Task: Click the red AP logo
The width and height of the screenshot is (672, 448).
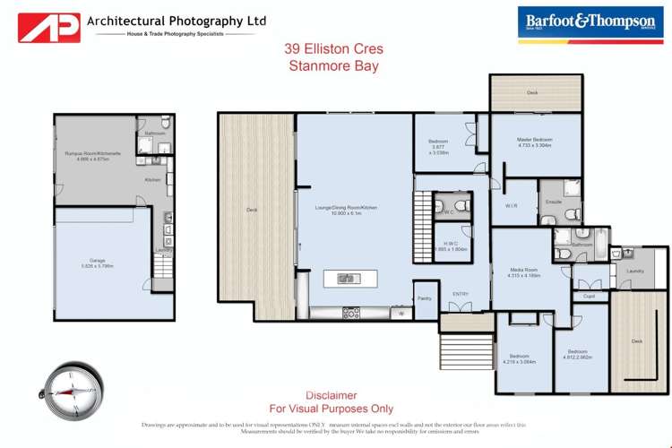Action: tap(49, 26)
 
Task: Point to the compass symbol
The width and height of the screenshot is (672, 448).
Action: tap(65, 389)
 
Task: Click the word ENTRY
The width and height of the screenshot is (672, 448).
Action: tap(461, 293)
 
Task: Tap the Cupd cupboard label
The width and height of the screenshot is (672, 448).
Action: tap(589, 295)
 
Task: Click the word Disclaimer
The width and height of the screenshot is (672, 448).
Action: tap(331, 394)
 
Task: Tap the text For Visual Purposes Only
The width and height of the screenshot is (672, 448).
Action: tap(331, 408)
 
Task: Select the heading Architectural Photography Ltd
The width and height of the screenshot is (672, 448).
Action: tap(177, 20)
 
